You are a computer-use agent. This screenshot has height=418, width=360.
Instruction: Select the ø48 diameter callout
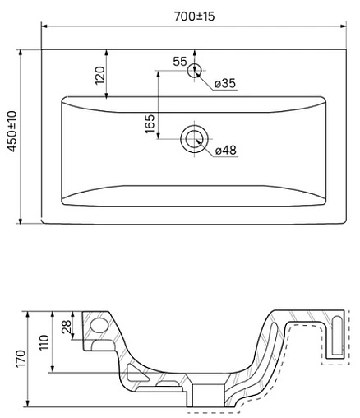click(x=226, y=150)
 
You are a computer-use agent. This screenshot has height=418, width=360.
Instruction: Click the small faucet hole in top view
click(x=195, y=71)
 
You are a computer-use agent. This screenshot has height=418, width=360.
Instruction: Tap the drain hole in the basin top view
click(x=195, y=138)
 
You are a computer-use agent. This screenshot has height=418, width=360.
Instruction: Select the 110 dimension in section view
click(x=46, y=341)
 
